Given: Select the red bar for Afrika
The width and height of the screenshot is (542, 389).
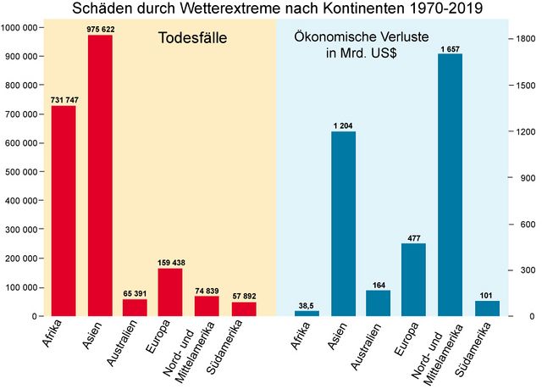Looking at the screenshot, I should [64, 211].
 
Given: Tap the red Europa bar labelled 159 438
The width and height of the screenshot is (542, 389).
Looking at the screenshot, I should [170, 292].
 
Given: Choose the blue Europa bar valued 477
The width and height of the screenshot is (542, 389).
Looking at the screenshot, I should [414, 280].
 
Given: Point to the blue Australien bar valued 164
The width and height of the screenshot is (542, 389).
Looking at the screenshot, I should [379, 303].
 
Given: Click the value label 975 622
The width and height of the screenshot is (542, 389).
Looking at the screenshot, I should [100, 28].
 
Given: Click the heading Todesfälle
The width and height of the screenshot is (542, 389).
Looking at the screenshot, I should [193, 39].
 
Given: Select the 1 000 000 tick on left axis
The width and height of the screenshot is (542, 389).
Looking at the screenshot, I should [19, 28].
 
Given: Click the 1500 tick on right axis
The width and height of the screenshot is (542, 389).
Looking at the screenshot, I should [524, 86].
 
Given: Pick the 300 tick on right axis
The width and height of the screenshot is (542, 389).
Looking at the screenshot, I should [524, 270].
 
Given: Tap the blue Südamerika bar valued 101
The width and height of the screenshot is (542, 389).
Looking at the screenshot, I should [487, 308].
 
